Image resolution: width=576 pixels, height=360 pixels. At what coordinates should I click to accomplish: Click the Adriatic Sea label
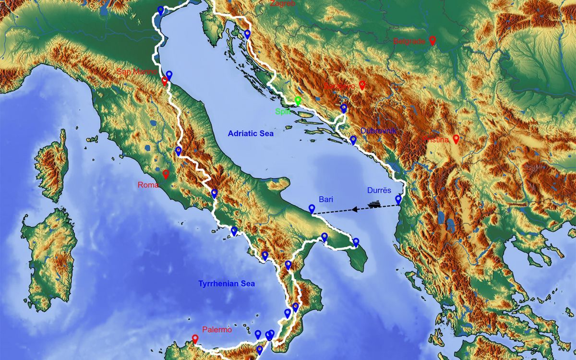pyautogui.click(x=250, y=134)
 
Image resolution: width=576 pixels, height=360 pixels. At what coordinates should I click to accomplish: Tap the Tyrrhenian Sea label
pyautogui.click(x=226, y=284)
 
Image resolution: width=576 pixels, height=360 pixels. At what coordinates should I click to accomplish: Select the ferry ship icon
pyautogui.click(x=374, y=204)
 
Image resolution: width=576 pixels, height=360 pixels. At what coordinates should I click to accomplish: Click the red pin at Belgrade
pyautogui.click(x=432, y=40)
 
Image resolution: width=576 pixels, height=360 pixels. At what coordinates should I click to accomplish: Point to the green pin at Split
pyautogui.click(x=298, y=101)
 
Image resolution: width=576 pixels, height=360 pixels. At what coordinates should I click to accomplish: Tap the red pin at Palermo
pyautogui.click(x=195, y=339)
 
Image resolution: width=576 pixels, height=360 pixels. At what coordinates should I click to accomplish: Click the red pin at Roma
pyautogui.click(x=166, y=174)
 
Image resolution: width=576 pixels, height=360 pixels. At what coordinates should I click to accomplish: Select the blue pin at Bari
pyautogui.click(x=312, y=209)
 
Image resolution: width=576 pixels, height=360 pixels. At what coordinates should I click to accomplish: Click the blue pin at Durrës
pyautogui.click(x=398, y=199)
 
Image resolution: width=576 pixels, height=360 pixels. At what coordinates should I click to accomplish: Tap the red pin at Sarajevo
pyautogui.click(x=362, y=85)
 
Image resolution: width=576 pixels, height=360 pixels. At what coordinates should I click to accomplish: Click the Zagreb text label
pyautogui.click(x=282, y=3)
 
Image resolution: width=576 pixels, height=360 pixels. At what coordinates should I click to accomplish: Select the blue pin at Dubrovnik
pyautogui.click(x=353, y=140)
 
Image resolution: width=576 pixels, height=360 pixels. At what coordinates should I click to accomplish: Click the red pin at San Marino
pyautogui.click(x=165, y=81)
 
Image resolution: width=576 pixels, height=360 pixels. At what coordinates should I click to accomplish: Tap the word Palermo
pyautogui.click(x=217, y=330)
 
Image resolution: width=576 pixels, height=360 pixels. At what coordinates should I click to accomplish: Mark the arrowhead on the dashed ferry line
pyautogui.click(x=354, y=209)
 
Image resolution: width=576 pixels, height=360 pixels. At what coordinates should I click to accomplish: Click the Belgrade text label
pyautogui.click(x=409, y=41)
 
